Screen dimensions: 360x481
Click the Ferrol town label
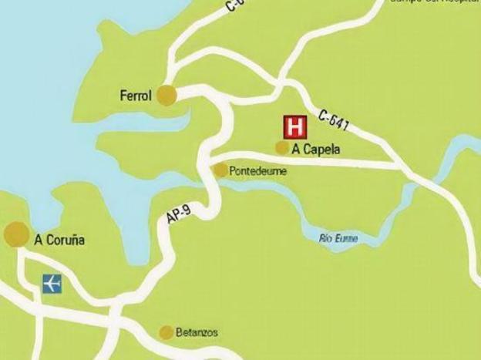click(135, 96)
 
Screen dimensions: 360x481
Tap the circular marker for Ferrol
click(166, 95)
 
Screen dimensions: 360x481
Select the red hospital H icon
click(294, 126)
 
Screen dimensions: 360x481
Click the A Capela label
click(316, 150)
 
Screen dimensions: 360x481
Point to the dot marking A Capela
click(283, 147)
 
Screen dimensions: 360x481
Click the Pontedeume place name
click(259, 172)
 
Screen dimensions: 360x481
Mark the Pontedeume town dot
click(221, 170)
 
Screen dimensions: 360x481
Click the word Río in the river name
click(327, 238)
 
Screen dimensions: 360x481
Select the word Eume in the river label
click(348, 238)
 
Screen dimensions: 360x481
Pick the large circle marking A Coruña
click(16, 235)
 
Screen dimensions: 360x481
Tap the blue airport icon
click(52, 284)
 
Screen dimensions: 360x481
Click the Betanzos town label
click(197, 333)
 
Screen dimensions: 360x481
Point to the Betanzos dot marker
click(166, 332)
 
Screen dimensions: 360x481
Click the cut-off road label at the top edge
click(236, 6)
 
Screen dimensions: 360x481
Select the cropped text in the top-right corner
click(435, 2)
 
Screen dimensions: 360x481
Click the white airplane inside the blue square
click(52, 284)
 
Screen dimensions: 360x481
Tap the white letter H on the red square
click(294, 126)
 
